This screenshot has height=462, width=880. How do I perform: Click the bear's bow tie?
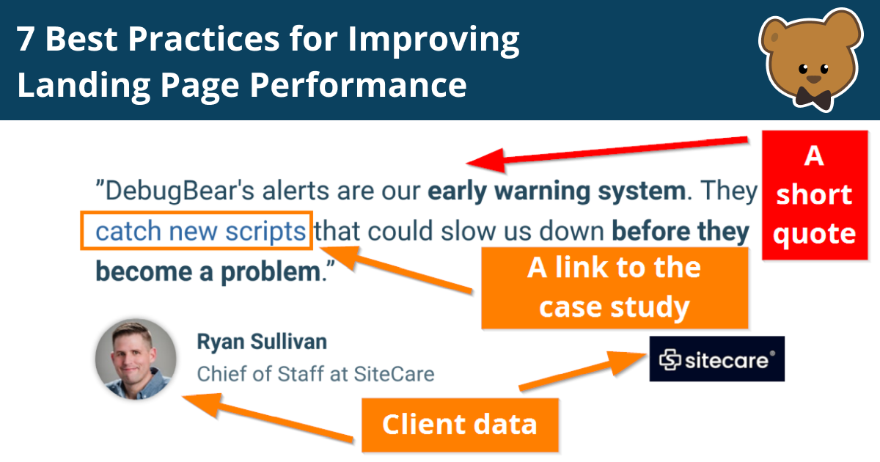(x=814, y=96)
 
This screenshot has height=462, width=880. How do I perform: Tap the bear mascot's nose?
(x=813, y=78)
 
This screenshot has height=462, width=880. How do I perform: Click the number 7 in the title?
(x=26, y=40)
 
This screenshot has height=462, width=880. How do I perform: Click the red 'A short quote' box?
(x=814, y=195)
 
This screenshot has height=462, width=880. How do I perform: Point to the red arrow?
(x=609, y=150)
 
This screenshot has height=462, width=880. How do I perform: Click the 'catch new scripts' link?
(x=200, y=232)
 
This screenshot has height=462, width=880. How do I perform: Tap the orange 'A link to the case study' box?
(x=614, y=288)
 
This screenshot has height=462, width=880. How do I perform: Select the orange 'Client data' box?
(x=459, y=425)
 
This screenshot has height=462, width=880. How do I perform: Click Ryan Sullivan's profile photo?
(x=135, y=359)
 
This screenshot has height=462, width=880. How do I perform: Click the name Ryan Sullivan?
(x=262, y=342)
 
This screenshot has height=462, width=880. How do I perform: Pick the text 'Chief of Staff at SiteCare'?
(x=315, y=374)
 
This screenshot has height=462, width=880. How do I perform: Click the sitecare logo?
(x=716, y=359)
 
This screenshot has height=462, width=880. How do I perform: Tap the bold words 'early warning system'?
(x=556, y=192)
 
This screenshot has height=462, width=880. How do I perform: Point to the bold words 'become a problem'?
(x=207, y=272)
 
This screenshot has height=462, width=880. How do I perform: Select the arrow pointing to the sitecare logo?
(x=579, y=371)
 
